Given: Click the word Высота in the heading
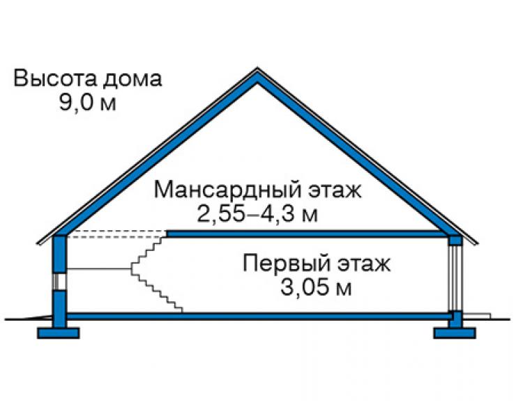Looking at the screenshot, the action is tap(55, 78).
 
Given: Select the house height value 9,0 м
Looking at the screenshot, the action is tap(88, 102).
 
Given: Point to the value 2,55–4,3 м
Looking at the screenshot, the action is tap(257, 214).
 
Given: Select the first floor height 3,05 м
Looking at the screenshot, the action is tap(316, 287).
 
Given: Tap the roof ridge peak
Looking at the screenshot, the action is tap(257, 68).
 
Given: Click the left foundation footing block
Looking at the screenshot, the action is tap(59, 333).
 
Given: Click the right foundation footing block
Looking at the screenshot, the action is tap(455, 333).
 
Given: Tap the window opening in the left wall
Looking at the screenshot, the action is tap(60, 282).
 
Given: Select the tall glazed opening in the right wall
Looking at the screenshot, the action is tap(456, 278).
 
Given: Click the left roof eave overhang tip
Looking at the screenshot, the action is tap(37, 243).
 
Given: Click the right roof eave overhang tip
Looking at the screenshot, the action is tap(478, 243).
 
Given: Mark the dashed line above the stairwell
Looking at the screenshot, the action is tap(116, 234).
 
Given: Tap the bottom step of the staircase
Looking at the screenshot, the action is tap(178, 310).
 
